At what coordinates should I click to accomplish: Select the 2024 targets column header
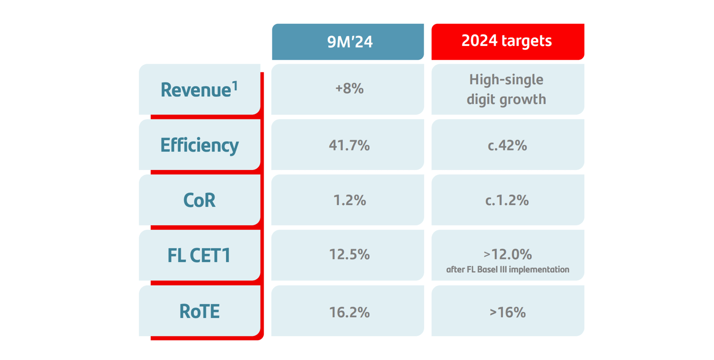pyautogui.click(x=507, y=40)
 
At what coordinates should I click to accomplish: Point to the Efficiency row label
pyautogui.click(x=199, y=145)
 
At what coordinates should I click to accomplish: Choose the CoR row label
pyautogui.click(x=199, y=200)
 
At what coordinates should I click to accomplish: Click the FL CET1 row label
pyautogui.click(x=199, y=256)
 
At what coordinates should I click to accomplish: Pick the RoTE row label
pyautogui.click(x=199, y=311)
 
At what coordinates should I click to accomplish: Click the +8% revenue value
pyautogui.click(x=349, y=89)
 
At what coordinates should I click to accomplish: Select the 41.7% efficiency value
pyautogui.click(x=349, y=145)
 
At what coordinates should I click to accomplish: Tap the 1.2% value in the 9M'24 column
pyautogui.click(x=349, y=200)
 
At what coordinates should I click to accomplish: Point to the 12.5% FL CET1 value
pyautogui.click(x=349, y=254)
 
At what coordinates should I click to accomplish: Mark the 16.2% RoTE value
pyautogui.click(x=349, y=312)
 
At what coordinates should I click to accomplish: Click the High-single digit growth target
pyautogui.click(x=506, y=89)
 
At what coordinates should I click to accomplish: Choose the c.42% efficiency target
pyautogui.click(x=507, y=145)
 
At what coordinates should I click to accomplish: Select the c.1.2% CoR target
pyautogui.click(x=507, y=200)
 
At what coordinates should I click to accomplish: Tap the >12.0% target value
pyautogui.click(x=507, y=254)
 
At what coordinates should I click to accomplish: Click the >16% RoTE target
pyautogui.click(x=507, y=312)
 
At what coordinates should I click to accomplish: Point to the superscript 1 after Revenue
pyautogui.click(x=235, y=85)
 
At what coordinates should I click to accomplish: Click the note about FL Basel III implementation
pyautogui.click(x=507, y=270)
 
